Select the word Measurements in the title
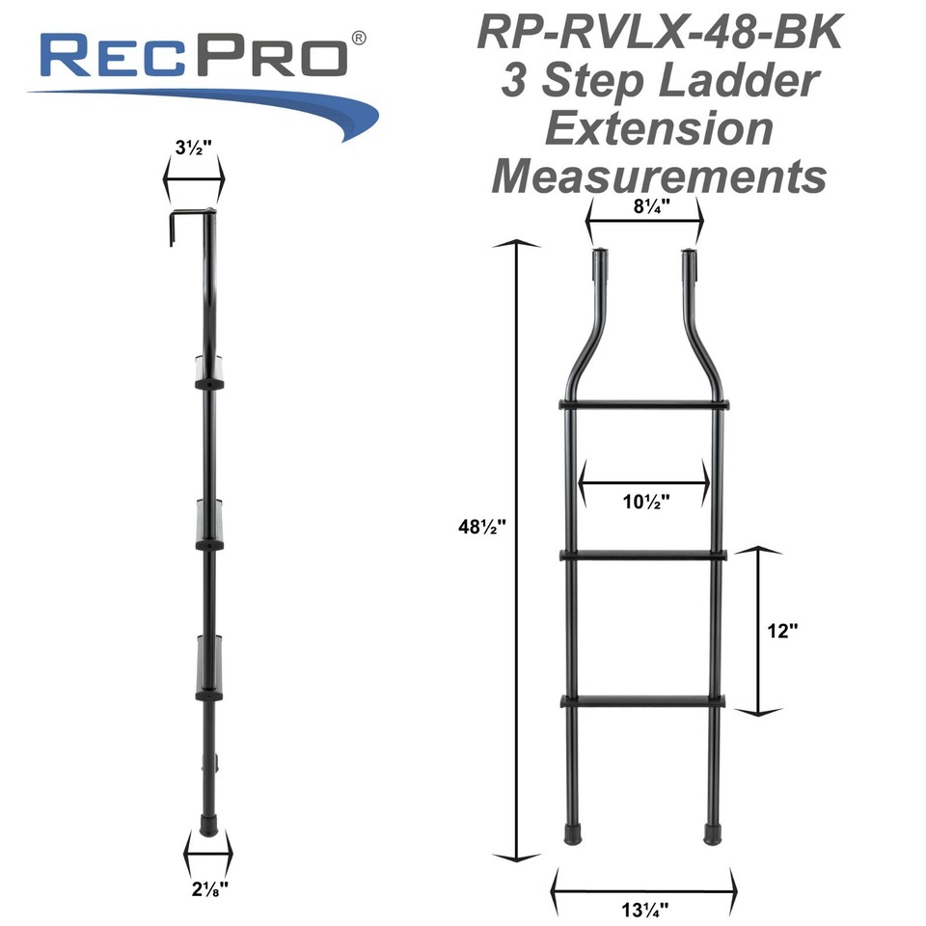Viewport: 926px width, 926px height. (x=660, y=177)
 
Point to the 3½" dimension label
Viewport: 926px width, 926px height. (x=193, y=151)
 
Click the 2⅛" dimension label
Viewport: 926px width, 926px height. (x=208, y=889)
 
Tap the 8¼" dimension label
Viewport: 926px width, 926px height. (x=644, y=205)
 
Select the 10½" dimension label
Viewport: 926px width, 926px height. (x=643, y=501)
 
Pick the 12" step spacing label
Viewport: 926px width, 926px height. (x=782, y=631)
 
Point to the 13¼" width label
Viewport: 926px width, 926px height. (x=643, y=908)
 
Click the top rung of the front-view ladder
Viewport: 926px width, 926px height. (x=643, y=405)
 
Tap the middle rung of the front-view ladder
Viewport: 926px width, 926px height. (x=643, y=555)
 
